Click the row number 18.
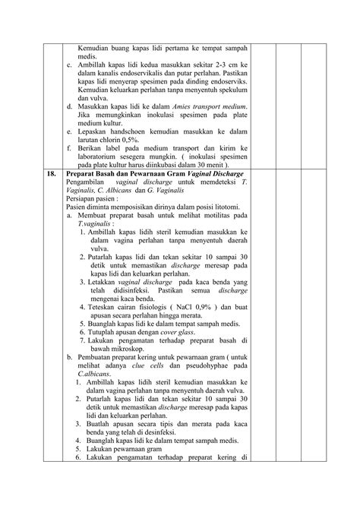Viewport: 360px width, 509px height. [x=51, y=173]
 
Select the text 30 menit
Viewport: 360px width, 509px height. [x=213, y=164]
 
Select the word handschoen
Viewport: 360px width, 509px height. [x=128, y=131]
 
